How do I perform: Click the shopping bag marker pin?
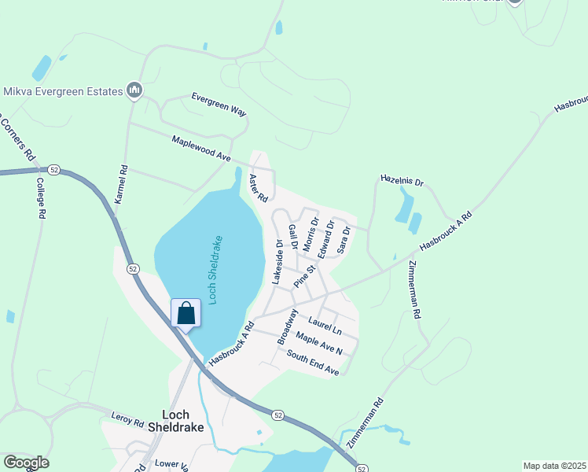click(186, 314)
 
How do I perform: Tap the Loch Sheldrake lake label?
click(216, 271)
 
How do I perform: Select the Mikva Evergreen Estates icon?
click(134, 91)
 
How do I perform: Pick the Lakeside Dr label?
click(277, 262)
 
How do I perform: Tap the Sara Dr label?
click(343, 240)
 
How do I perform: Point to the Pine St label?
click(304, 275)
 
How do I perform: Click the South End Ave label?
click(312, 363)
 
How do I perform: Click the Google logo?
click(26, 463)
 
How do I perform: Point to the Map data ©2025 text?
click(554, 466)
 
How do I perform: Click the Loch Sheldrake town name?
click(182, 421)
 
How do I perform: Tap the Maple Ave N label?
click(319, 343)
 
